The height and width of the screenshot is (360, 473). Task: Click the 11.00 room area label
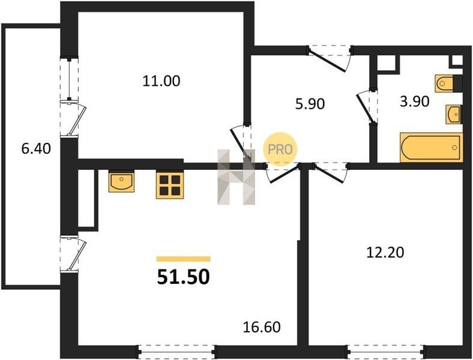[161, 81]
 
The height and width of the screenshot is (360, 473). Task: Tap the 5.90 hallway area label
[310, 104]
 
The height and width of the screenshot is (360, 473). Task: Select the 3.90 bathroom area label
[414, 101]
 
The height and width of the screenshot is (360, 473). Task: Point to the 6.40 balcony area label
[36, 149]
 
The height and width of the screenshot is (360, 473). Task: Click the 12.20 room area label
[385, 253]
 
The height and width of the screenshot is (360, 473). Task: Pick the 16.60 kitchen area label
[262, 327]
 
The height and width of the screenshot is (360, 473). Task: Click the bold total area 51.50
[183, 277]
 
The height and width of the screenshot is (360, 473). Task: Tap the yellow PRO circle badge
[280, 149]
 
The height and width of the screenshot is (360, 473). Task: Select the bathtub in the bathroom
[431, 148]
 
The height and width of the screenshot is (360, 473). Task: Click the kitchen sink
[121, 181]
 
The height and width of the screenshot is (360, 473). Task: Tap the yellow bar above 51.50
[184, 259]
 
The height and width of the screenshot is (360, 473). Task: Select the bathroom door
[367, 107]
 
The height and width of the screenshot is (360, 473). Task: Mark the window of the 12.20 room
[386, 352]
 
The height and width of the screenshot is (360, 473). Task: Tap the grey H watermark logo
[237, 177]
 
